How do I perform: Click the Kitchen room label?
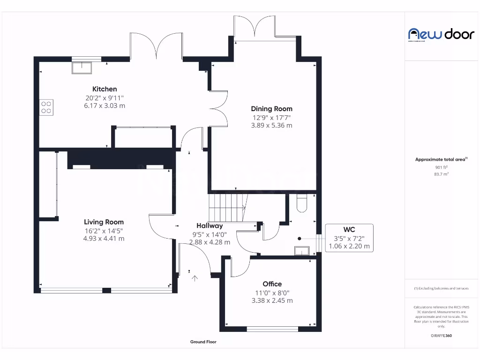coord(105,89)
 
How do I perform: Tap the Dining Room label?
coord(271,109)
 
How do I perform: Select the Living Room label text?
coord(104,222)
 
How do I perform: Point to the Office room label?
coord(272,284)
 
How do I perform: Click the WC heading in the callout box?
coord(349,229)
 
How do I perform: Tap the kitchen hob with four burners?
coord(46,107)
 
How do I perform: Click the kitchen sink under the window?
coord(82,67)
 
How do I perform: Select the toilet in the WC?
coord(301,203)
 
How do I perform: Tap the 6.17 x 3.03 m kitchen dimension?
coord(105,106)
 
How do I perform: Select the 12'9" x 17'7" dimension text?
coord(271,117)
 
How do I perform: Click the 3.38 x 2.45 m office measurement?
coord(272,300)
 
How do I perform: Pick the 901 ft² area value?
coord(441,167)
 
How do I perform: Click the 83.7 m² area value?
coord(441,174)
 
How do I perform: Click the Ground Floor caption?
coord(203,342)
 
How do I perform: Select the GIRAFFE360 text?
coord(441,336)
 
